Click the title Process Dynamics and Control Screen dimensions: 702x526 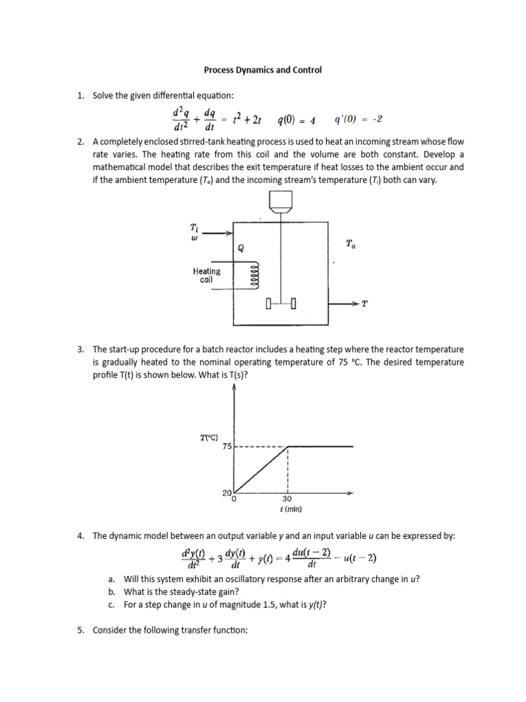point(263,70)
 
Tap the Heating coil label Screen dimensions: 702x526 point(206,276)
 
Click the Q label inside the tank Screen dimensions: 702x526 point(240,248)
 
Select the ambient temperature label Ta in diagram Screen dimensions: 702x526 point(351,243)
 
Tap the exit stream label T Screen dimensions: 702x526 point(364,304)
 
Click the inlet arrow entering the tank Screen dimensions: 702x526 point(218,233)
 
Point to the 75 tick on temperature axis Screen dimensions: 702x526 point(227,446)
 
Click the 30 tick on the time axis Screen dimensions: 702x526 point(287,499)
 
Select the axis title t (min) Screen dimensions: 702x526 point(287,509)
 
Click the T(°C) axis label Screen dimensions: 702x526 point(209,435)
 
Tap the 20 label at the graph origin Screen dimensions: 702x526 point(227,493)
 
